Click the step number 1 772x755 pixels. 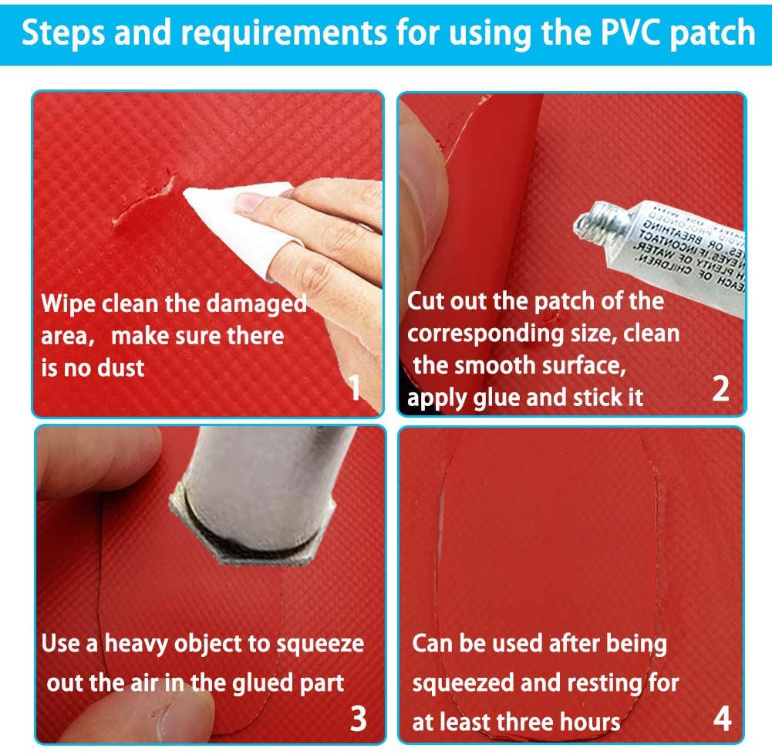coord(355,388)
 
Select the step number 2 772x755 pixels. coord(720,388)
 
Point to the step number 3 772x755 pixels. coord(358,718)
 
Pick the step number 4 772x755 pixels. coord(722,718)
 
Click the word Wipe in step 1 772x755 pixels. coord(69,303)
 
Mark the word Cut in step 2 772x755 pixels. coord(426,300)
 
